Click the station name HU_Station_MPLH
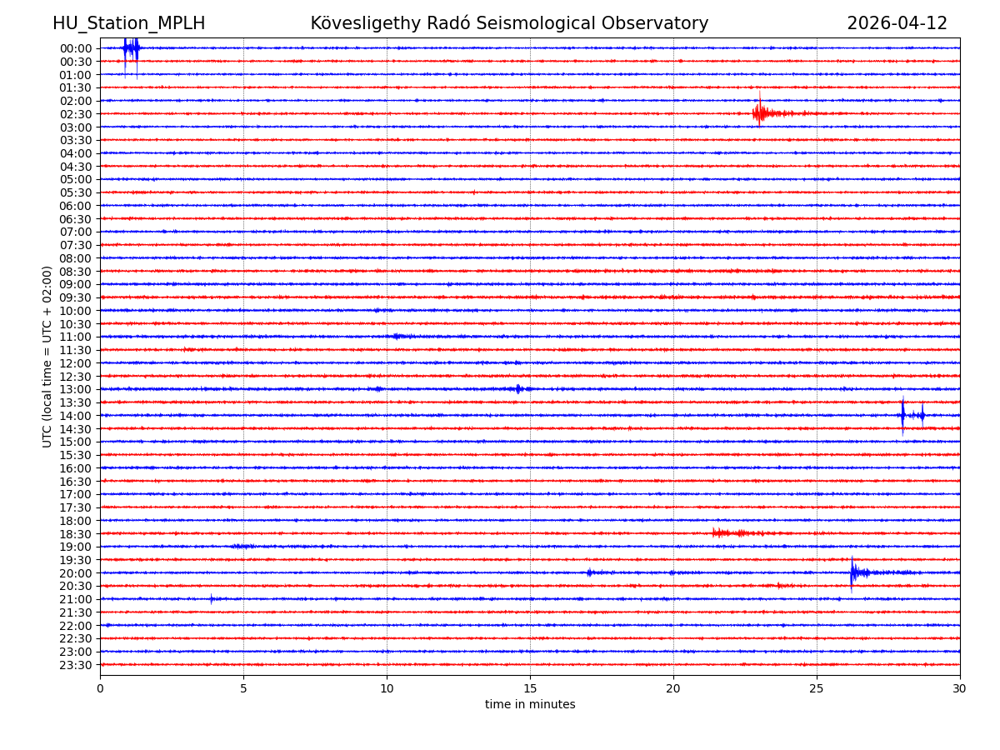pyautogui.click(x=128, y=23)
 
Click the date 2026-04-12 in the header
pyautogui.click(x=897, y=23)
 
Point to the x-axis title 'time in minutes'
pyautogui.click(x=530, y=705)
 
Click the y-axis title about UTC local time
pyautogui.click(x=47, y=357)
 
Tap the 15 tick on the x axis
pyautogui.click(x=530, y=688)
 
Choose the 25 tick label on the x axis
pyautogui.click(x=817, y=688)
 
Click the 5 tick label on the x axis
pyautogui.click(x=243, y=688)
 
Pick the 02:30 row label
pyautogui.click(x=76, y=114)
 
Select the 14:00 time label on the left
pyautogui.click(x=76, y=416)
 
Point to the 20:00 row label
pyautogui.click(x=76, y=573)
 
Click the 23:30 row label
pyautogui.click(x=76, y=665)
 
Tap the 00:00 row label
pyautogui.click(x=76, y=48)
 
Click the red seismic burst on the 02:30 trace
pyautogui.click(x=760, y=113)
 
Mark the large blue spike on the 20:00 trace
pyautogui.click(x=852, y=572)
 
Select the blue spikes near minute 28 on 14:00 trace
pyautogui.click(x=903, y=415)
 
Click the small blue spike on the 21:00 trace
pyautogui.click(x=211, y=598)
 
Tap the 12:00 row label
pyautogui.click(x=76, y=363)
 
